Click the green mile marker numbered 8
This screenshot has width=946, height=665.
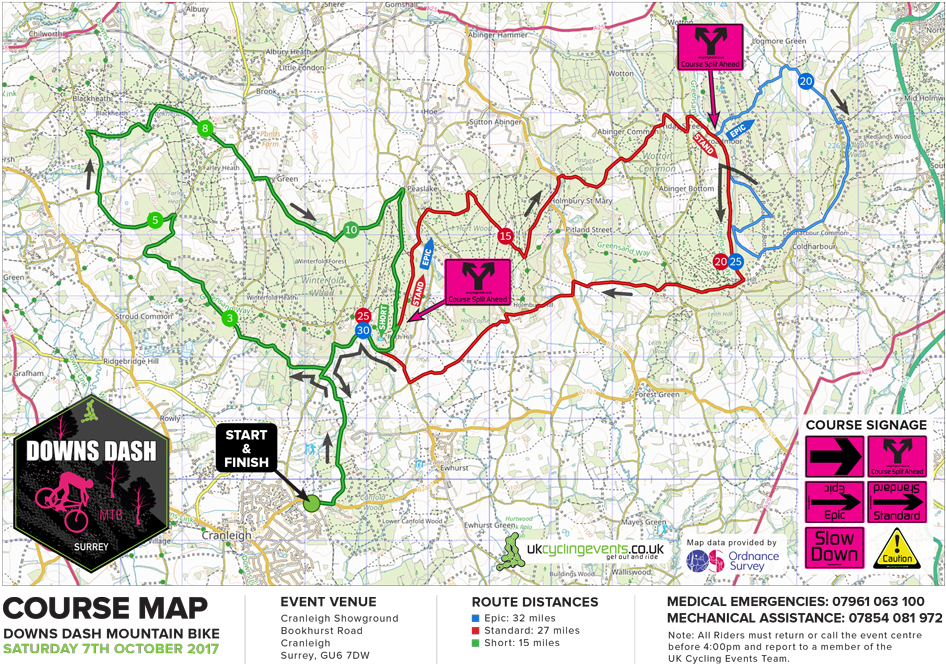[205, 128]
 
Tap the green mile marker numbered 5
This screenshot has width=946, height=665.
[155, 219]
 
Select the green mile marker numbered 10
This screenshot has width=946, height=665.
[350, 230]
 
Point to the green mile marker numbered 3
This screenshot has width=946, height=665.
[230, 318]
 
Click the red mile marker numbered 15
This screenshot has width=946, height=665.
[506, 236]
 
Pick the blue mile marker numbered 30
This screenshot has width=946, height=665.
[363, 331]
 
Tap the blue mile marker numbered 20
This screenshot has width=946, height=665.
[806, 80]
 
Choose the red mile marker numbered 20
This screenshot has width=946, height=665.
[721, 262]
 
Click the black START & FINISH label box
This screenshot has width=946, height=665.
[246, 448]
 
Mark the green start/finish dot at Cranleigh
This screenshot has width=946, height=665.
[311, 504]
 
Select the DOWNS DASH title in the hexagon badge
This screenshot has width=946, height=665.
[91, 451]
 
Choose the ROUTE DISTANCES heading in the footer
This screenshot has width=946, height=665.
[535, 602]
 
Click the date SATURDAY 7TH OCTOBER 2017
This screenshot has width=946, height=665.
[109, 649]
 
